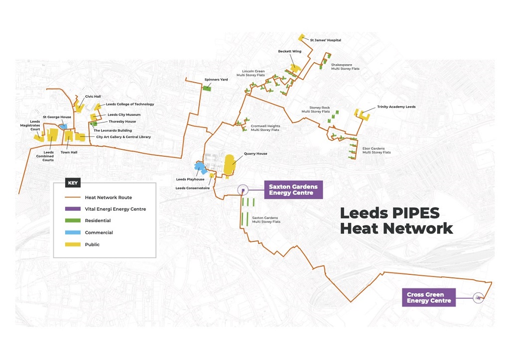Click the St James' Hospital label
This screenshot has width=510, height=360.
326,40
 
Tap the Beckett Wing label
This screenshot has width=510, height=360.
289,51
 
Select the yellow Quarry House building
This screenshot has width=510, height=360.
230,165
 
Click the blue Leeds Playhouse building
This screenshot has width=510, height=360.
200,167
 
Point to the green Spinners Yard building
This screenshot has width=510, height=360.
207,88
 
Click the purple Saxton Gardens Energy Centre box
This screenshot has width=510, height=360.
293,190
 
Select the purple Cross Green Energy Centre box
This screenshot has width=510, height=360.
429,298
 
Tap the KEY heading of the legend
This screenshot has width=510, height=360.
73,183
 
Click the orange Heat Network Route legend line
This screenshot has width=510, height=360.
73,197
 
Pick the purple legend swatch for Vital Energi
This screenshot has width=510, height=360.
73,209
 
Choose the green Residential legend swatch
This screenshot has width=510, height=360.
73,221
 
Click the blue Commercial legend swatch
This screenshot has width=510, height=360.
73,233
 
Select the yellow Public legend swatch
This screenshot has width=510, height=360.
73,244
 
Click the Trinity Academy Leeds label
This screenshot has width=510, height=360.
396,107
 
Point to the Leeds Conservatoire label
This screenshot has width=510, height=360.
193,188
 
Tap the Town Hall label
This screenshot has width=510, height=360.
69,152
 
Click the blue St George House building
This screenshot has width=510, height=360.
63,126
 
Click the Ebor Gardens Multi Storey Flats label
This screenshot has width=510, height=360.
377,150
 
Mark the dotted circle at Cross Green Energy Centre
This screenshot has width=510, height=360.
478,298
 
